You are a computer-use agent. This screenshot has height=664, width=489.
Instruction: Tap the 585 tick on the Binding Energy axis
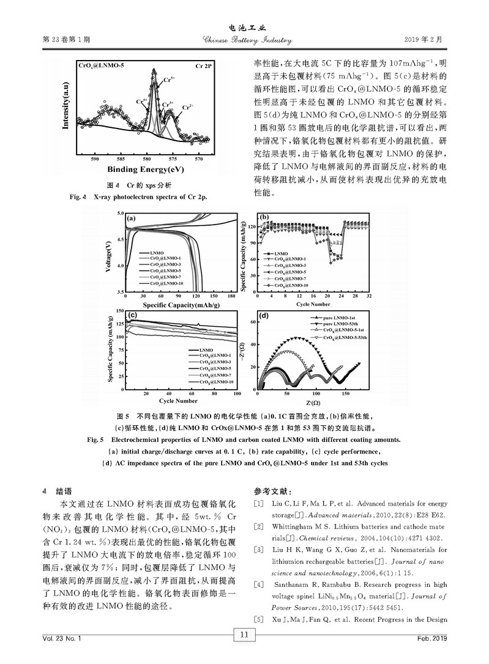(121, 159)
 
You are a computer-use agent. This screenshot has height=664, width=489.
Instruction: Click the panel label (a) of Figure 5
(130, 217)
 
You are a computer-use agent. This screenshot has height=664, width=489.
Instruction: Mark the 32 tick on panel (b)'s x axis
(369, 296)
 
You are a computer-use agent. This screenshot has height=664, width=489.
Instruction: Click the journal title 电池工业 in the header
(244, 29)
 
